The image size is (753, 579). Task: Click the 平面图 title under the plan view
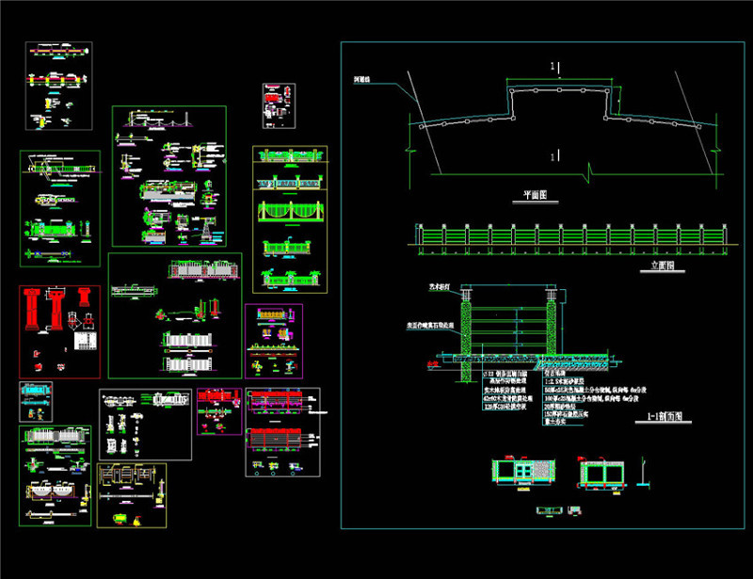535,196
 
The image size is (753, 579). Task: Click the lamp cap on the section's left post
464,293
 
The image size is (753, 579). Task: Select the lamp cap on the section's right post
553,293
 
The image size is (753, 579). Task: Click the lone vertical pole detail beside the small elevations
643,471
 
